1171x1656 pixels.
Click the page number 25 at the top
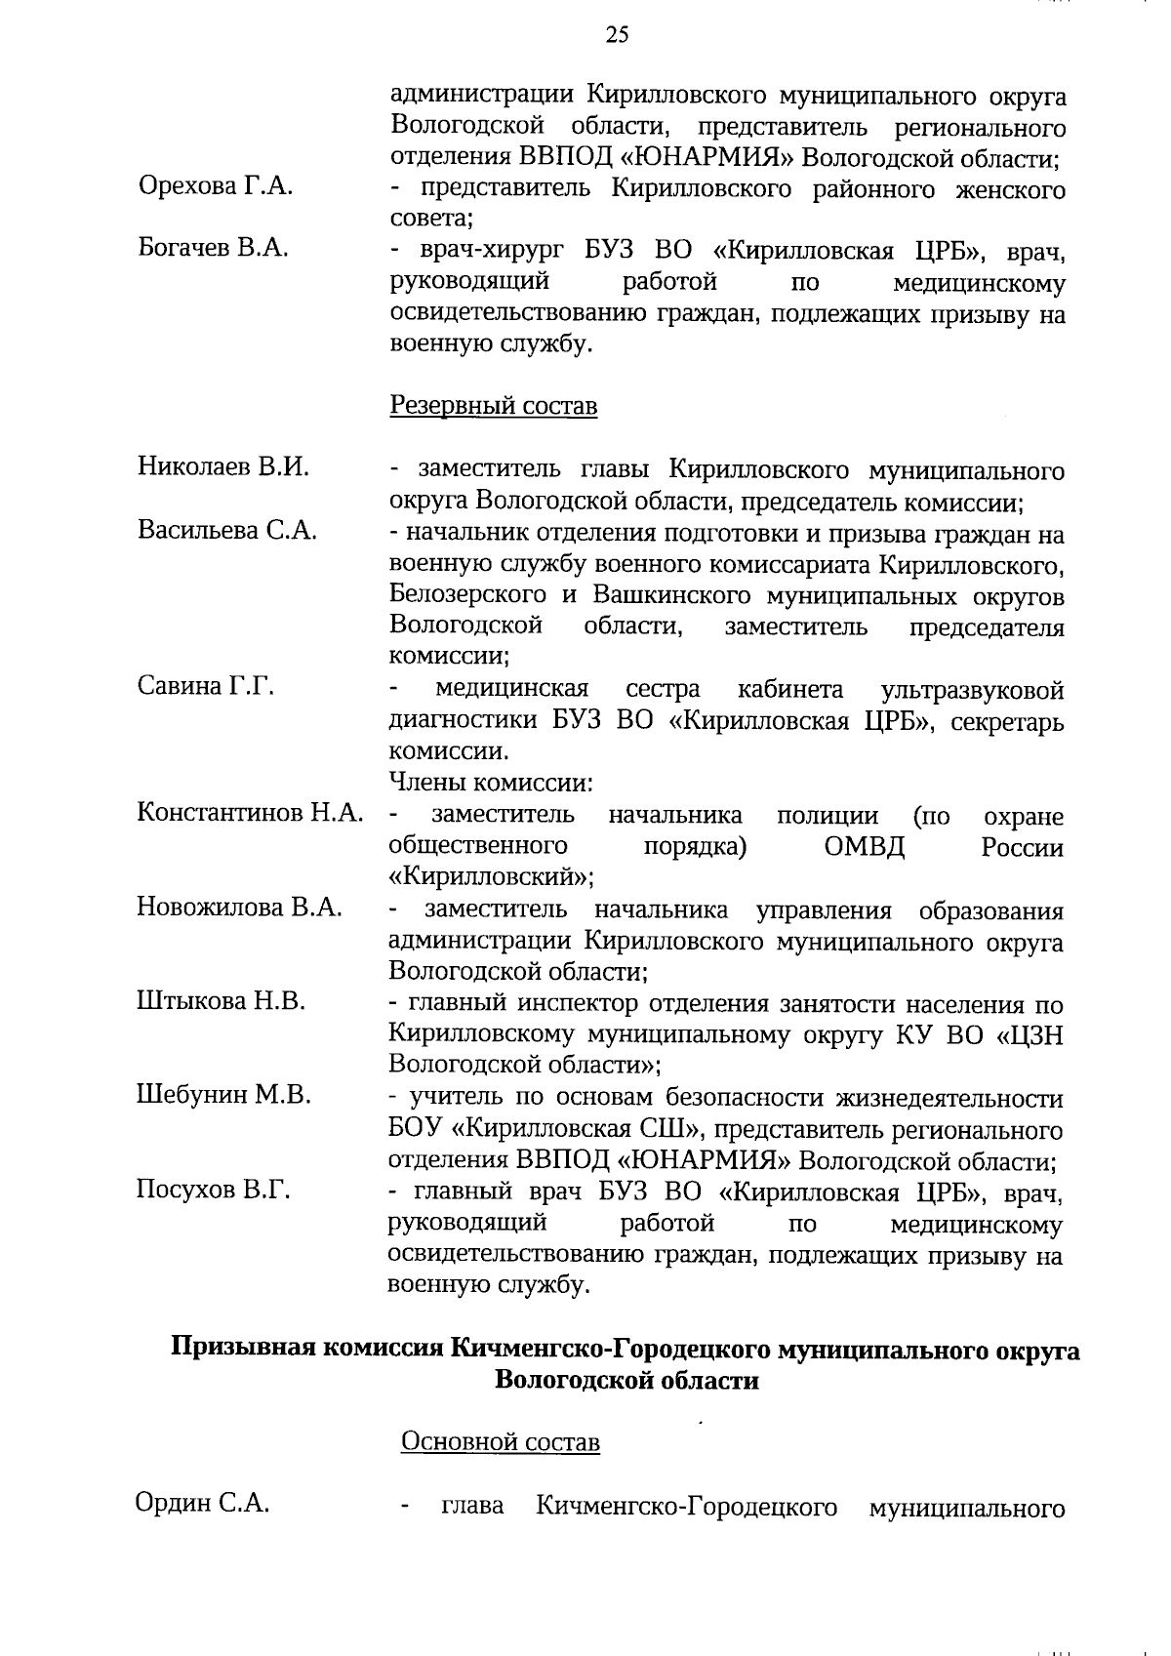click(617, 35)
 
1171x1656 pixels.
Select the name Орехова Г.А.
click(215, 186)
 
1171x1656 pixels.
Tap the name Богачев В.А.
click(213, 248)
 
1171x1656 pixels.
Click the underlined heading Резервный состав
click(493, 406)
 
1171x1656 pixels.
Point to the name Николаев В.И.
click(222, 466)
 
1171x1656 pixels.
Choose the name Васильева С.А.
click(226, 531)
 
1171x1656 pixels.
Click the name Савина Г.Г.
click(205, 687)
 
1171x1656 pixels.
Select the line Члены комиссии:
click(491, 783)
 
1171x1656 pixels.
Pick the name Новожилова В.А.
click(239, 908)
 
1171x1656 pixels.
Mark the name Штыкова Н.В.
click(221, 1001)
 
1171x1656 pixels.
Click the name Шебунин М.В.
click(223, 1095)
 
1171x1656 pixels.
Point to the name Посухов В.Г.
click(213, 1190)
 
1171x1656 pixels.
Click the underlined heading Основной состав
click(500, 1442)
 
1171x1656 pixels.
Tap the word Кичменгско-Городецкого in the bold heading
click(611, 1351)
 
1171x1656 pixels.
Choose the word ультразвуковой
click(972, 691)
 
